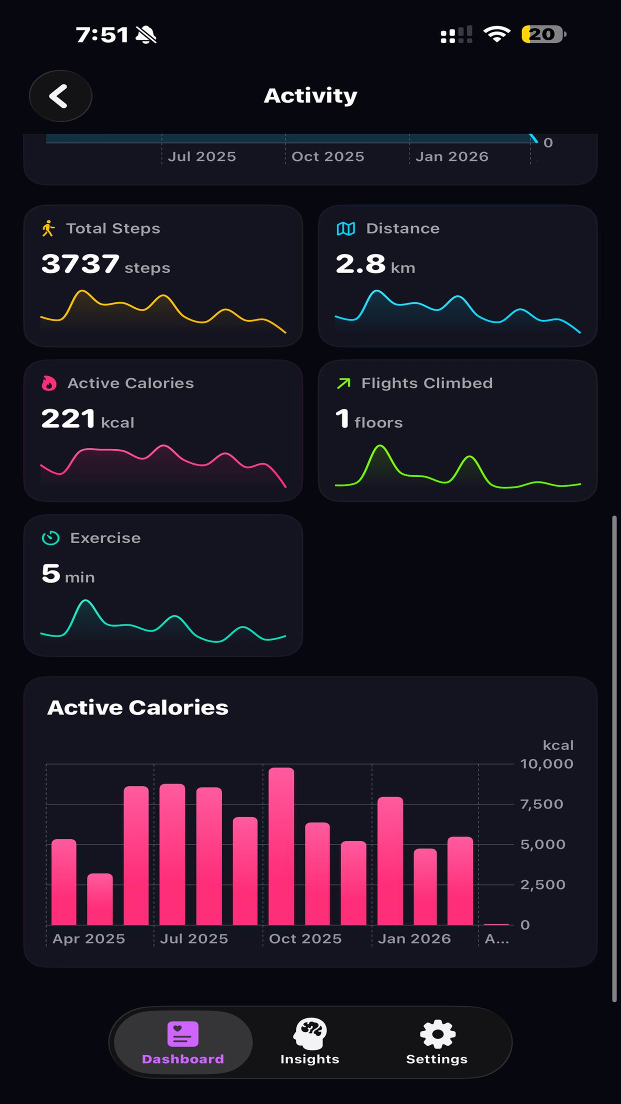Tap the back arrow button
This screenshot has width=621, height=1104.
pos(60,96)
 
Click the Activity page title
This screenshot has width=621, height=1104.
pos(310,95)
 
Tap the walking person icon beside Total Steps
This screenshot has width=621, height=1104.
pos(48,228)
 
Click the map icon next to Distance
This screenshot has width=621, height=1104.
pos(345,228)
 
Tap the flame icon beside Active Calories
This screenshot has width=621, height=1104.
pos(49,383)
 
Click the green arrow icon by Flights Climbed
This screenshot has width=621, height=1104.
pos(343,383)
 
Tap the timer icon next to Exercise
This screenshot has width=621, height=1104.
pos(50,538)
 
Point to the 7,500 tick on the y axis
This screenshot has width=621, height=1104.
pos(541,804)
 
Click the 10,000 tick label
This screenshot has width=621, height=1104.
pos(546,764)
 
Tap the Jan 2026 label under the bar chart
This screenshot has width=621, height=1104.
pos(414,939)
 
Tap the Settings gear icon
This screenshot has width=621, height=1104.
pos(437,1034)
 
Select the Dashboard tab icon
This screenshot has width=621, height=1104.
pos(183,1034)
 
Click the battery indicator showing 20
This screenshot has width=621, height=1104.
pos(543,34)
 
